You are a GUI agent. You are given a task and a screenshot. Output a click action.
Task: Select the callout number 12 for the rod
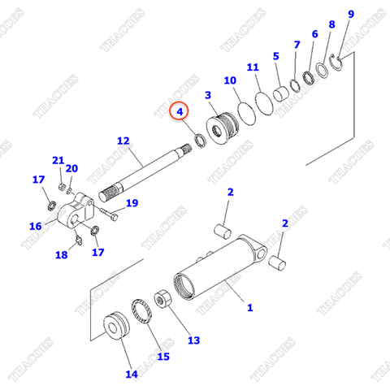[x=123, y=141]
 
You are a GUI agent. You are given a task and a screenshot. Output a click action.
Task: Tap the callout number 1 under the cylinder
[x=249, y=307]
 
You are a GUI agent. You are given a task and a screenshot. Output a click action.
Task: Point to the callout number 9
[x=351, y=15]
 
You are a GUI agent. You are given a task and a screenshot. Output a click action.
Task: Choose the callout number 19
[x=132, y=202]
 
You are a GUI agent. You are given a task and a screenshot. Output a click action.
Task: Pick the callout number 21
[x=58, y=159]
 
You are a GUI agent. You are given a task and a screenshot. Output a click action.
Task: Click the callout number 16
[x=36, y=226]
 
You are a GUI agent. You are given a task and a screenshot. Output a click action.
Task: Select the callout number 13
[x=193, y=340]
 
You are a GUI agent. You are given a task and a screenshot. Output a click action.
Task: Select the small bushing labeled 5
[x=281, y=92]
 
